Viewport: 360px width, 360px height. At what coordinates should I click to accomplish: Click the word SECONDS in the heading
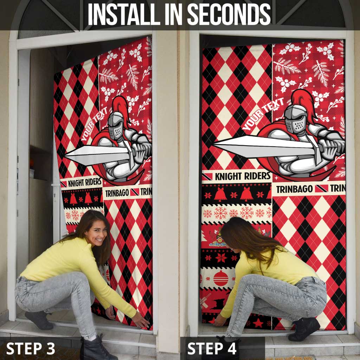pos(229,15)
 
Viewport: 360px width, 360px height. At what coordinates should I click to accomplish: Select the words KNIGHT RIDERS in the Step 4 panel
pos(243,176)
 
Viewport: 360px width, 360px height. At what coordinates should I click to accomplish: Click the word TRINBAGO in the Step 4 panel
pos(294,189)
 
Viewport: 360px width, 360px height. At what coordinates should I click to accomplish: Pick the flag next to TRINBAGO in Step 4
pos(321,188)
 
